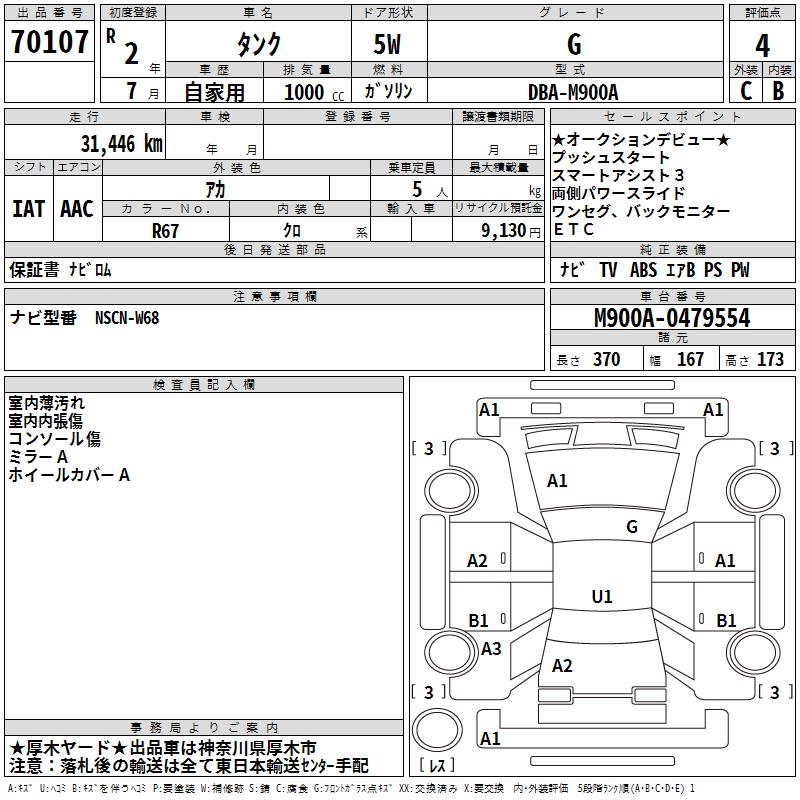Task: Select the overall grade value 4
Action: [762, 45]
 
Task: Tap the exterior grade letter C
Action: [745, 90]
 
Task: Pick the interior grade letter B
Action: [778, 90]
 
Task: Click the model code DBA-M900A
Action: [573, 92]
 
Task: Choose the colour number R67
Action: [165, 229]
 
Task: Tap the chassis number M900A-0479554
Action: [672, 318]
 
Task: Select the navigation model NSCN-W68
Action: [127, 318]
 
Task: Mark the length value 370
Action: [606, 359]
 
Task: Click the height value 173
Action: [770, 359]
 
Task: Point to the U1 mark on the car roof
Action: [601, 597]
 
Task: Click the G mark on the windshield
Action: [631, 527]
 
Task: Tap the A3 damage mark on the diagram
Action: [491, 649]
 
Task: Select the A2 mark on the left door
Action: [478, 561]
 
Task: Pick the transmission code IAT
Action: [28, 209]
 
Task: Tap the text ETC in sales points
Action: [574, 229]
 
